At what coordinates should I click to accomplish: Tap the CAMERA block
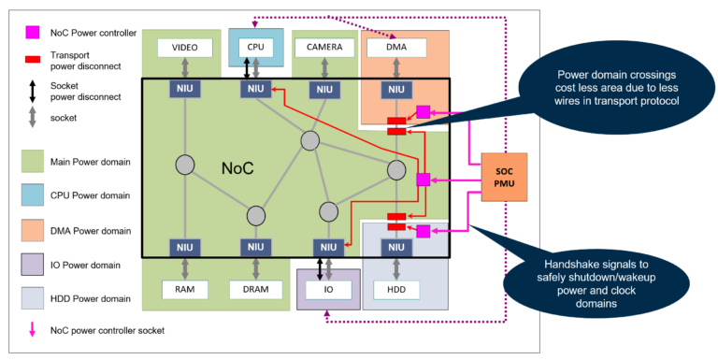click(323, 46)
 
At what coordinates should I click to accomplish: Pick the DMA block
click(395, 46)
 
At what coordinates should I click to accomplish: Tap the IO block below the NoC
click(328, 290)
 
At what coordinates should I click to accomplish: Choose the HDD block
click(395, 290)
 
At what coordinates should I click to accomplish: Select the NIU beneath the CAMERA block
click(323, 89)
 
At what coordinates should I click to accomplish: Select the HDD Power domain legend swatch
click(31, 297)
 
